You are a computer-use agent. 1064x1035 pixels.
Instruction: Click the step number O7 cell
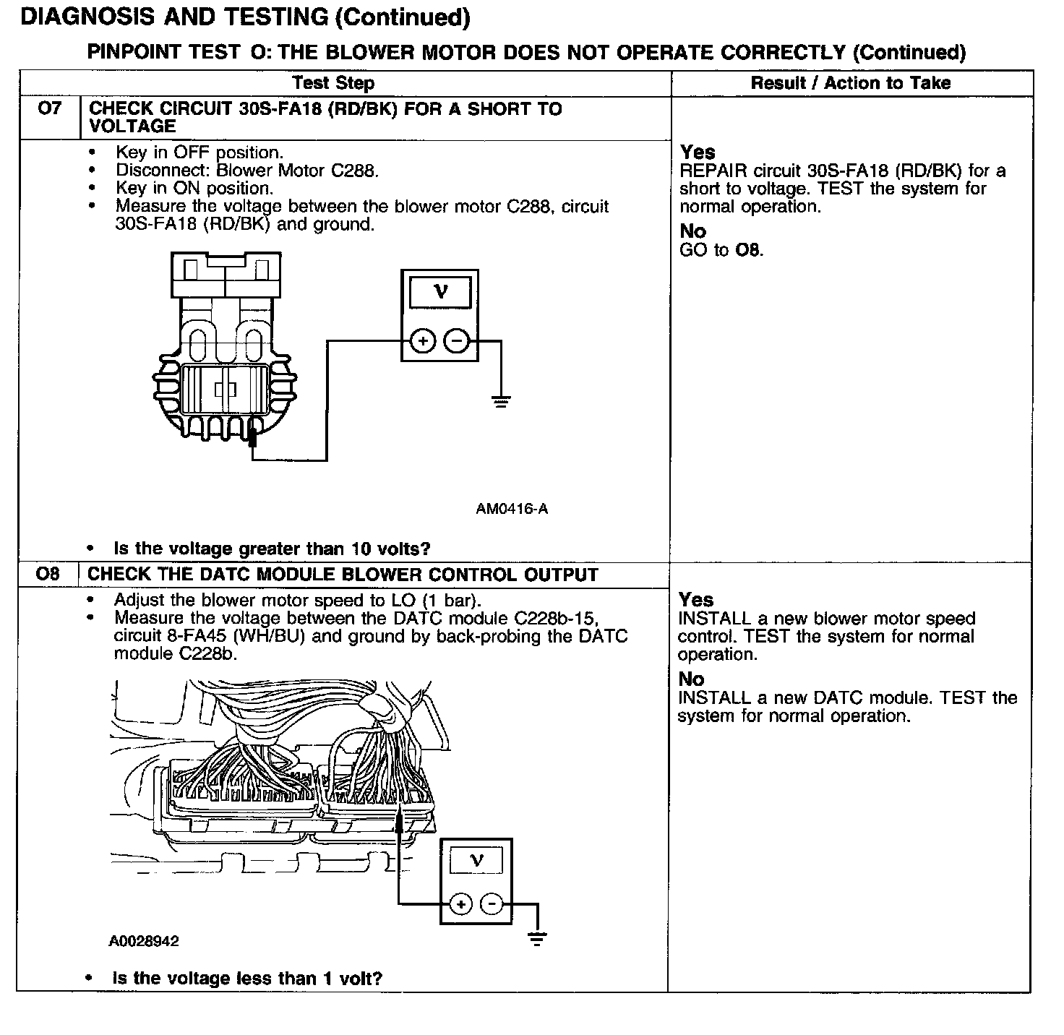click(49, 109)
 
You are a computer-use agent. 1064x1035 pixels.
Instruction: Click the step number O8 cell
click(48, 575)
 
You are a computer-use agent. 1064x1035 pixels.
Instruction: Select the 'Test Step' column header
click(333, 83)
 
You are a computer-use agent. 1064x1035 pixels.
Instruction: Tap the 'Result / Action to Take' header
click(851, 83)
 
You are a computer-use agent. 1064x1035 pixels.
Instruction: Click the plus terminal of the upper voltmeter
click(423, 340)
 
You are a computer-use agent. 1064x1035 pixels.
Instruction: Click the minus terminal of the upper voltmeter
click(456, 340)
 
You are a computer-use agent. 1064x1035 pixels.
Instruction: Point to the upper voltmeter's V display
click(440, 292)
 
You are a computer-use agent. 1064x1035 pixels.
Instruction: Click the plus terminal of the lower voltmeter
click(460, 903)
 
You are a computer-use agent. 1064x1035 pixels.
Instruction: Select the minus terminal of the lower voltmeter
click(492, 903)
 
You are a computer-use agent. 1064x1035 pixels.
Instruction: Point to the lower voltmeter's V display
click(476, 860)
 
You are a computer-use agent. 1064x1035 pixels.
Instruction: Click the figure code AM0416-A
click(512, 509)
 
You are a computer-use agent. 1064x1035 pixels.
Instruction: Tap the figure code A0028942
click(144, 941)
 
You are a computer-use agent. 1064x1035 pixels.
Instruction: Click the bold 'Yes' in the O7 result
click(698, 153)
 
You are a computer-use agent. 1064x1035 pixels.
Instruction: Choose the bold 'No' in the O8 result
click(691, 679)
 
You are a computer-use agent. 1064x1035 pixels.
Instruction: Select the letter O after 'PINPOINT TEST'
click(256, 52)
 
